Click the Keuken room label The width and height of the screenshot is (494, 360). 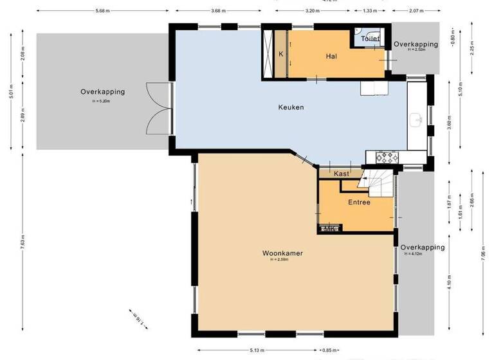291,107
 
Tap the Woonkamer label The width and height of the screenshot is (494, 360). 282,253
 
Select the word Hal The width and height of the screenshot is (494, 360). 331,57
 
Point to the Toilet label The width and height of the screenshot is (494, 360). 370,39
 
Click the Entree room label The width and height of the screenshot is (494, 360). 359,203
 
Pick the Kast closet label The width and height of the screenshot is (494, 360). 342,174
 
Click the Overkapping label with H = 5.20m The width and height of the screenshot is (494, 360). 102,92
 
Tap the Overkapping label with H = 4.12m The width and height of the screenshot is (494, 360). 422,248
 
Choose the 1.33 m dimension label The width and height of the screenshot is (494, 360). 370,11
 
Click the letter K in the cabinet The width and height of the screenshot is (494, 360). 280,54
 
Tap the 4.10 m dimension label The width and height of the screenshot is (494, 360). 449,281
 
